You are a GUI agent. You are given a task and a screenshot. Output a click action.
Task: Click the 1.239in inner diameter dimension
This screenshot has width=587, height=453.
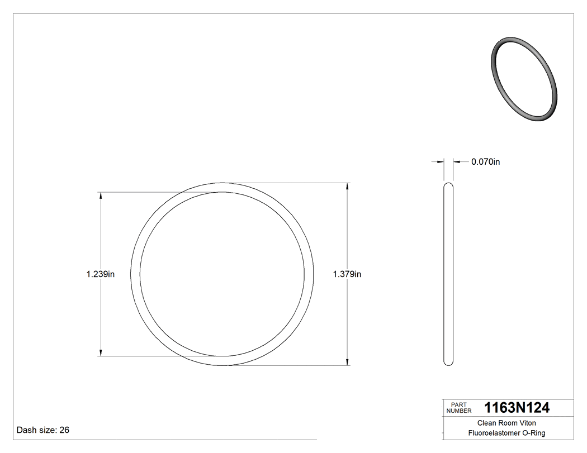[101, 274]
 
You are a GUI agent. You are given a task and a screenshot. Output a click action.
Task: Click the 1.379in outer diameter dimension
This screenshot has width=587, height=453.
[347, 274]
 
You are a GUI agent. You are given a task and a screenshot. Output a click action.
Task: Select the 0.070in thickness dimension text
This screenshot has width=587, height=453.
[485, 162]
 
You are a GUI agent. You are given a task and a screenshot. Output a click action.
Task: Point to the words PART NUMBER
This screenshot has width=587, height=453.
[460, 408]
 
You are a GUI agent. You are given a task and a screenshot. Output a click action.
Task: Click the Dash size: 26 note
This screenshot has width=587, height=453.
[43, 430]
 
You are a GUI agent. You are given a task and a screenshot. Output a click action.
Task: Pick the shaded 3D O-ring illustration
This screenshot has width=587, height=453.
[524, 79]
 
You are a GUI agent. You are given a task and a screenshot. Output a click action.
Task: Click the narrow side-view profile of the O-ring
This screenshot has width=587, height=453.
[448, 274]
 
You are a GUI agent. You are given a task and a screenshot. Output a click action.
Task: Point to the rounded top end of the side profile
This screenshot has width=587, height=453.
[448, 185]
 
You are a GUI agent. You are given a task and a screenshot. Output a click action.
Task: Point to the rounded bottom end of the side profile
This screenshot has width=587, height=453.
[448, 363]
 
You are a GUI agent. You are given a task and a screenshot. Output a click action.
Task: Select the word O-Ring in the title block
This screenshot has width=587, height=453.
[533, 433]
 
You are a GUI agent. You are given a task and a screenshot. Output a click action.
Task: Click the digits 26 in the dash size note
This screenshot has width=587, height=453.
[64, 430]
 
